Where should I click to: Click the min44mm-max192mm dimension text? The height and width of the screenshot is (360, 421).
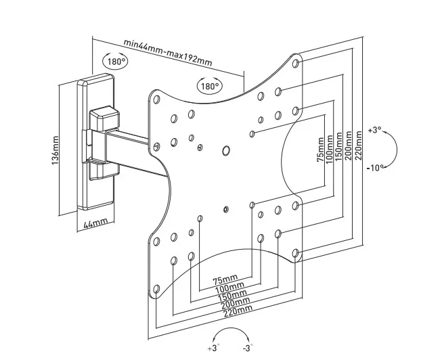click(167, 52)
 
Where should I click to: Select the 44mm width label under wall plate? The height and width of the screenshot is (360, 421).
click(95, 221)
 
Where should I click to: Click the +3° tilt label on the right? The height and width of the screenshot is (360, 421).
click(374, 129)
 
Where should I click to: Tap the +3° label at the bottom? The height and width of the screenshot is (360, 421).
click(215, 348)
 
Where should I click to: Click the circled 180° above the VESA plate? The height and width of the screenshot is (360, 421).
click(209, 86)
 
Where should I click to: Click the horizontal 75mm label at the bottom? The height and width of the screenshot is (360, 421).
click(225, 279)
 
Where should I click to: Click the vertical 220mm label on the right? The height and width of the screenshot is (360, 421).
click(357, 150)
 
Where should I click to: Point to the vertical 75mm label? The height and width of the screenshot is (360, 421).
click(321, 150)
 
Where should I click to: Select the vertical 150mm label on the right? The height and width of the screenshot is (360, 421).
click(338, 150)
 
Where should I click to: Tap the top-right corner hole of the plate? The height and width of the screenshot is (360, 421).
click(296, 64)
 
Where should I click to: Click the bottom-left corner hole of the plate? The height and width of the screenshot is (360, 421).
click(157, 290)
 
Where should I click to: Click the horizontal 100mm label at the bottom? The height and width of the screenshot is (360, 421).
click(229, 288)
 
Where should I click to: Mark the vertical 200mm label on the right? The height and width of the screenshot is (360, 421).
click(348, 150)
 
